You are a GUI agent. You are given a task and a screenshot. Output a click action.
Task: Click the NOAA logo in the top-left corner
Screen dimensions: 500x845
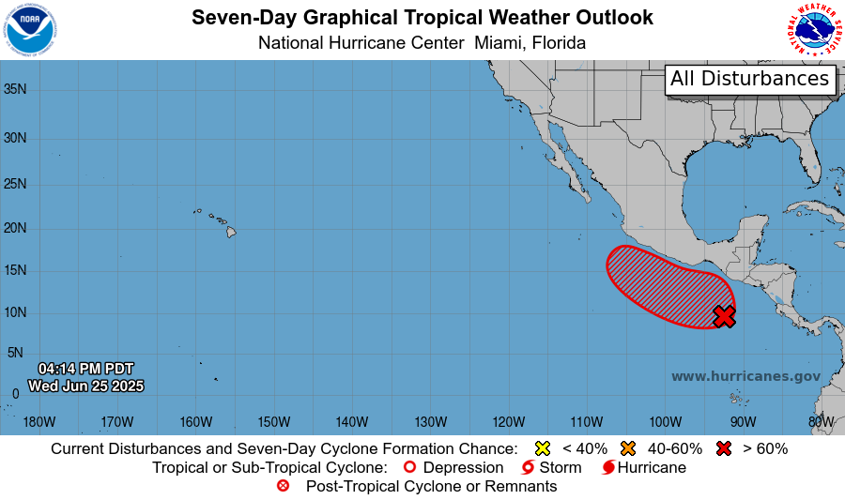pos(30,29)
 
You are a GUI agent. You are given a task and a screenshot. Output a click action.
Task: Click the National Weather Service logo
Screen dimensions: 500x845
pos(814,29)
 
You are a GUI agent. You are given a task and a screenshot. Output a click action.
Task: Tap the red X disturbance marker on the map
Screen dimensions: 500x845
pos(724,316)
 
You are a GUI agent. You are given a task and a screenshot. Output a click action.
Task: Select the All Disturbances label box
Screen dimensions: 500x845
pos(750,79)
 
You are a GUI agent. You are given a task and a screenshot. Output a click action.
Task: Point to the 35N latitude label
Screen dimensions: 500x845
pos(14,90)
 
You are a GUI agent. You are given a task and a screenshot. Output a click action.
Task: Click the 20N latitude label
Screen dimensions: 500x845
pos(14,228)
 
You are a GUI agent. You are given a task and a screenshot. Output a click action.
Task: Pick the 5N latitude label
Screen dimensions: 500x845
pos(14,353)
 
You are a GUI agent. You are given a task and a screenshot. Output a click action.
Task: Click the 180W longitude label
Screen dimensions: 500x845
pos(38,421)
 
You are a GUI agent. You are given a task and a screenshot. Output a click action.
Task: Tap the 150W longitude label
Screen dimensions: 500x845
pos(273,421)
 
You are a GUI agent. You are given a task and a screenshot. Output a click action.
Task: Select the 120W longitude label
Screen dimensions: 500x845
pos(508,421)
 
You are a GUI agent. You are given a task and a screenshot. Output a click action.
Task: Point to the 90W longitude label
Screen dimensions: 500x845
pos(743,421)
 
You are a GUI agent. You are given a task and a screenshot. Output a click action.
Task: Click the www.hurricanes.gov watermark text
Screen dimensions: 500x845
pos(745,376)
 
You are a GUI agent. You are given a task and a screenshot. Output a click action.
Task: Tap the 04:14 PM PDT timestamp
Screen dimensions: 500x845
pos(85,369)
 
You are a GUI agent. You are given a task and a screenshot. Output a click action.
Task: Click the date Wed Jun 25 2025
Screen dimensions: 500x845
pos(85,386)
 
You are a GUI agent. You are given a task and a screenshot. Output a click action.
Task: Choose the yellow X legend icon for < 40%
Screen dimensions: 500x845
pos(542,448)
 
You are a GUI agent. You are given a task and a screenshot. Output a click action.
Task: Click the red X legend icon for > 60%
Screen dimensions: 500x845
pos(724,448)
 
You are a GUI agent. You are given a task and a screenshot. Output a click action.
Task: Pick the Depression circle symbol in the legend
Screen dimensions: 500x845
pos(408,467)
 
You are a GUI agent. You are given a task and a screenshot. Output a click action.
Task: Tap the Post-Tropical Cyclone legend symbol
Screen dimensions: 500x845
pos(284,486)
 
